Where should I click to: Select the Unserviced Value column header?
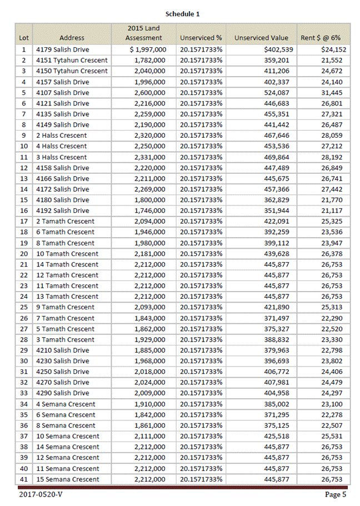click(x=261, y=38)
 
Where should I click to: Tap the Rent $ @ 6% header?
click(x=321, y=38)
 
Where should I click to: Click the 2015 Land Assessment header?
click(x=143, y=33)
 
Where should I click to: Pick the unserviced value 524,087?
click(x=277, y=92)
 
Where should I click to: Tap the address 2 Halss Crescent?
click(x=61, y=136)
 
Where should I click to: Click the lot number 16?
click(x=24, y=211)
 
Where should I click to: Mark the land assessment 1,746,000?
click(x=149, y=211)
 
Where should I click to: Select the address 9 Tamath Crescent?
click(x=65, y=307)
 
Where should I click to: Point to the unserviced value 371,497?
click(x=277, y=318)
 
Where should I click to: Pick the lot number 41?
click(x=24, y=479)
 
